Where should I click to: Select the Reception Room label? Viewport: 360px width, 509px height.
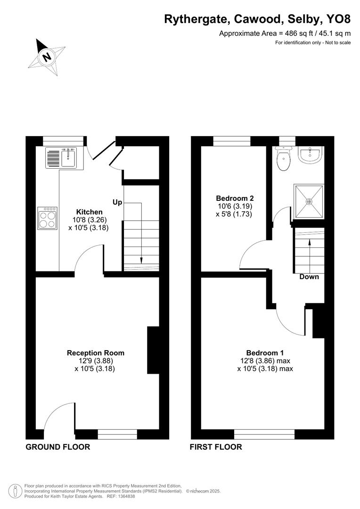tap(96, 353)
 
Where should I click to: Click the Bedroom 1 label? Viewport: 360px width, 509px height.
tap(265, 353)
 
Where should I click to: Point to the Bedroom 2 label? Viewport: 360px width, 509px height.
tap(235, 198)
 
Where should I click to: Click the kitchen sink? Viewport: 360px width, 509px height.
tap(69, 157)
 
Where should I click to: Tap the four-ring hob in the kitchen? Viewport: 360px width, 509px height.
tap(48, 218)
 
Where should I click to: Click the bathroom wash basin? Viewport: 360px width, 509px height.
tap(310, 156)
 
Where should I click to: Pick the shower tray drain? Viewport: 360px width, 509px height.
tap(310, 201)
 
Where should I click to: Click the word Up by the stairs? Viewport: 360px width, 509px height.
tap(117, 202)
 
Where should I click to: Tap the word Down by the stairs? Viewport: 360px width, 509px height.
tap(309, 277)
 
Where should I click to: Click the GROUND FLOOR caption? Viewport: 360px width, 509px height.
tap(57, 447)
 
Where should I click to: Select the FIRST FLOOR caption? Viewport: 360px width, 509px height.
tap(216, 447)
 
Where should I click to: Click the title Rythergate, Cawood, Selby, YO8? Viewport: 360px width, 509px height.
tap(257, 19)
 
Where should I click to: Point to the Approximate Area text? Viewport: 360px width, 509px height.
tap(285, 33)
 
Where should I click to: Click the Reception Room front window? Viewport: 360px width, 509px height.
tap(118, 434)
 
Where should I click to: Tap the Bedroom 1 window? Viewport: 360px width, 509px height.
tap(264, 434)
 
